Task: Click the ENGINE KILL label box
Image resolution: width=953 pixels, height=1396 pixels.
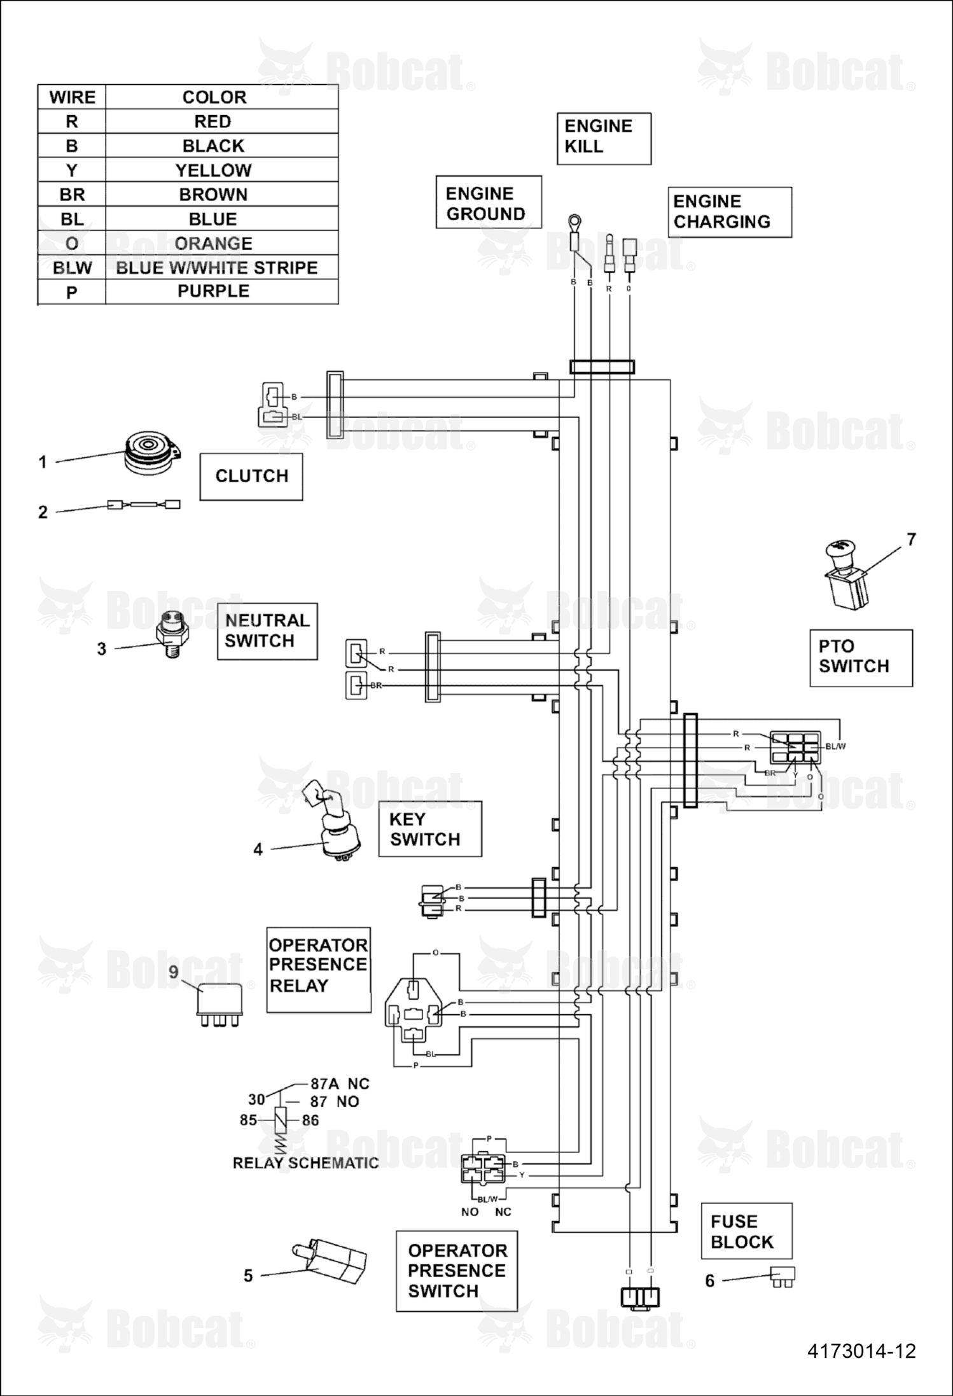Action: click(604, 139)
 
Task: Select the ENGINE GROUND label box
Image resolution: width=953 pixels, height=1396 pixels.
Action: click(489, 202)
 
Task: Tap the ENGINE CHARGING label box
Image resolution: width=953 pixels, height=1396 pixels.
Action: click(730, 212)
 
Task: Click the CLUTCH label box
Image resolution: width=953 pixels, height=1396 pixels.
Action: click(251, 477)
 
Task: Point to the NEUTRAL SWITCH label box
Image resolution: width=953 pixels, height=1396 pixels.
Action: click(267, 631)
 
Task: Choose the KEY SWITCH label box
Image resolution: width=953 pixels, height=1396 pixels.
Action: click(430, 829)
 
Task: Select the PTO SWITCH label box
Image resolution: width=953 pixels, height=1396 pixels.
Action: click(861, 658)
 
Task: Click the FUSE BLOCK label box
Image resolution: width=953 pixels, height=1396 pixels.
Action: click(746, 1231)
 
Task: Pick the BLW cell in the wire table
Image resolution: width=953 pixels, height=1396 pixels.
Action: click(72, 268)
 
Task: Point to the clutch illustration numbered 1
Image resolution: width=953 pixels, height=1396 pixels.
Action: click(152, 453)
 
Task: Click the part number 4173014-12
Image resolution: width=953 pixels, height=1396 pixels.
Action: click(861, 1350)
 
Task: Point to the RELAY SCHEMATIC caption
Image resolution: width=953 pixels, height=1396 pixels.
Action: click(305, 1163)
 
